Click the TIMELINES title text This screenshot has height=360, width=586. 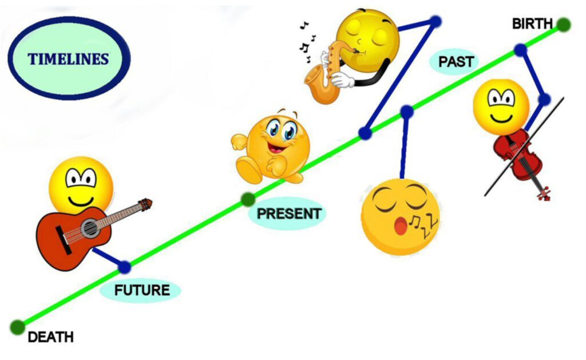[69, 59]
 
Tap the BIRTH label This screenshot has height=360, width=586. [532, 24]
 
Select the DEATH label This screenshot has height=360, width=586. [50, 337]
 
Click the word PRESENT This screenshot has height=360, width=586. [289, 214]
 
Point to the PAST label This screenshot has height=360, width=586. [456, 61]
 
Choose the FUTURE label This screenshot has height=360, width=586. [142, 290]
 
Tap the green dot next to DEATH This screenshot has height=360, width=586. [17, 327]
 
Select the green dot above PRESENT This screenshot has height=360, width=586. [248, 199]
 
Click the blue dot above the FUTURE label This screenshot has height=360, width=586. [125, 267]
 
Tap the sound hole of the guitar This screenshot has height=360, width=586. [89, 228]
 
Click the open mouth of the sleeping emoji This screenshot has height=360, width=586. [401, 227]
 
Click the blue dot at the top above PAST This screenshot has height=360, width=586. [435, 22]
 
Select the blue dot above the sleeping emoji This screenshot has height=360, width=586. [407, 112]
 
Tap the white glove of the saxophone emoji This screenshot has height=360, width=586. [343, 80]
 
